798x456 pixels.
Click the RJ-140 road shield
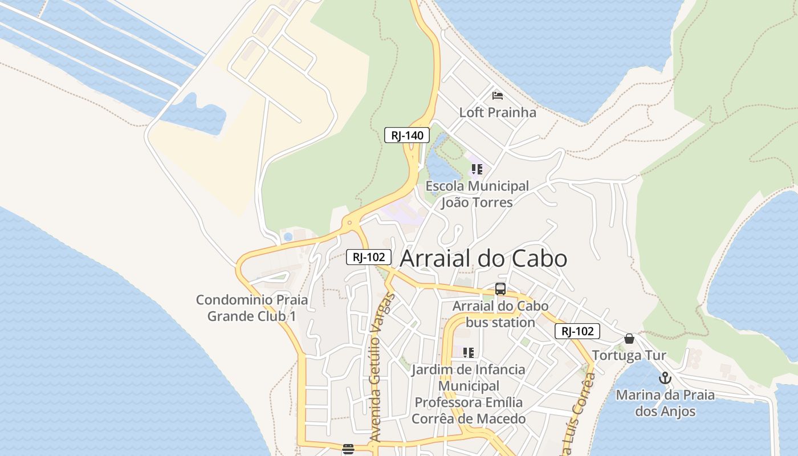406,135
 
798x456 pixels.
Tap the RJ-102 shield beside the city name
369,257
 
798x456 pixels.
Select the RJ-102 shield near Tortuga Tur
577,331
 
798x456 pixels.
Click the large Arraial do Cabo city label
483,259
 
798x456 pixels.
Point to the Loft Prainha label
498,112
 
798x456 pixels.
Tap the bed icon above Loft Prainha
498,95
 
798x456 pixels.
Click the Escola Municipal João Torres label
477,194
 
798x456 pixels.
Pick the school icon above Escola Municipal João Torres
477,169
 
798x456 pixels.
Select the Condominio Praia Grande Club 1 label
251,308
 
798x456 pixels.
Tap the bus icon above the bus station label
500,289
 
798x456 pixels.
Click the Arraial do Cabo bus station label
500,314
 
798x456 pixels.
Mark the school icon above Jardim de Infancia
469,353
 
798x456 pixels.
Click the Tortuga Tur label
629,356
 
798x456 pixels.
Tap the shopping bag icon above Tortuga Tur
629,339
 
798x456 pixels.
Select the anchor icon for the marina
665,378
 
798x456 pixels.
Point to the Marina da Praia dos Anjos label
665,403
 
